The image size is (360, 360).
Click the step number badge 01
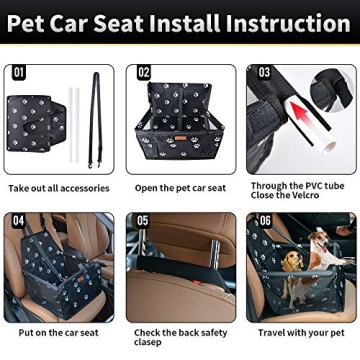(19, 72)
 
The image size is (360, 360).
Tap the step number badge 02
(143, 72)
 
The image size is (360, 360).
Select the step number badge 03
(264, 72)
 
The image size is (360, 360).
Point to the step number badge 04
(19, 220)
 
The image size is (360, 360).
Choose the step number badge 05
(143, 220)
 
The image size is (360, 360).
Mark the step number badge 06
(264, 220)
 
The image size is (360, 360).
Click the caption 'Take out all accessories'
(58, 188)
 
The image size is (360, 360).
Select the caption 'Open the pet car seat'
(181, 188)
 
